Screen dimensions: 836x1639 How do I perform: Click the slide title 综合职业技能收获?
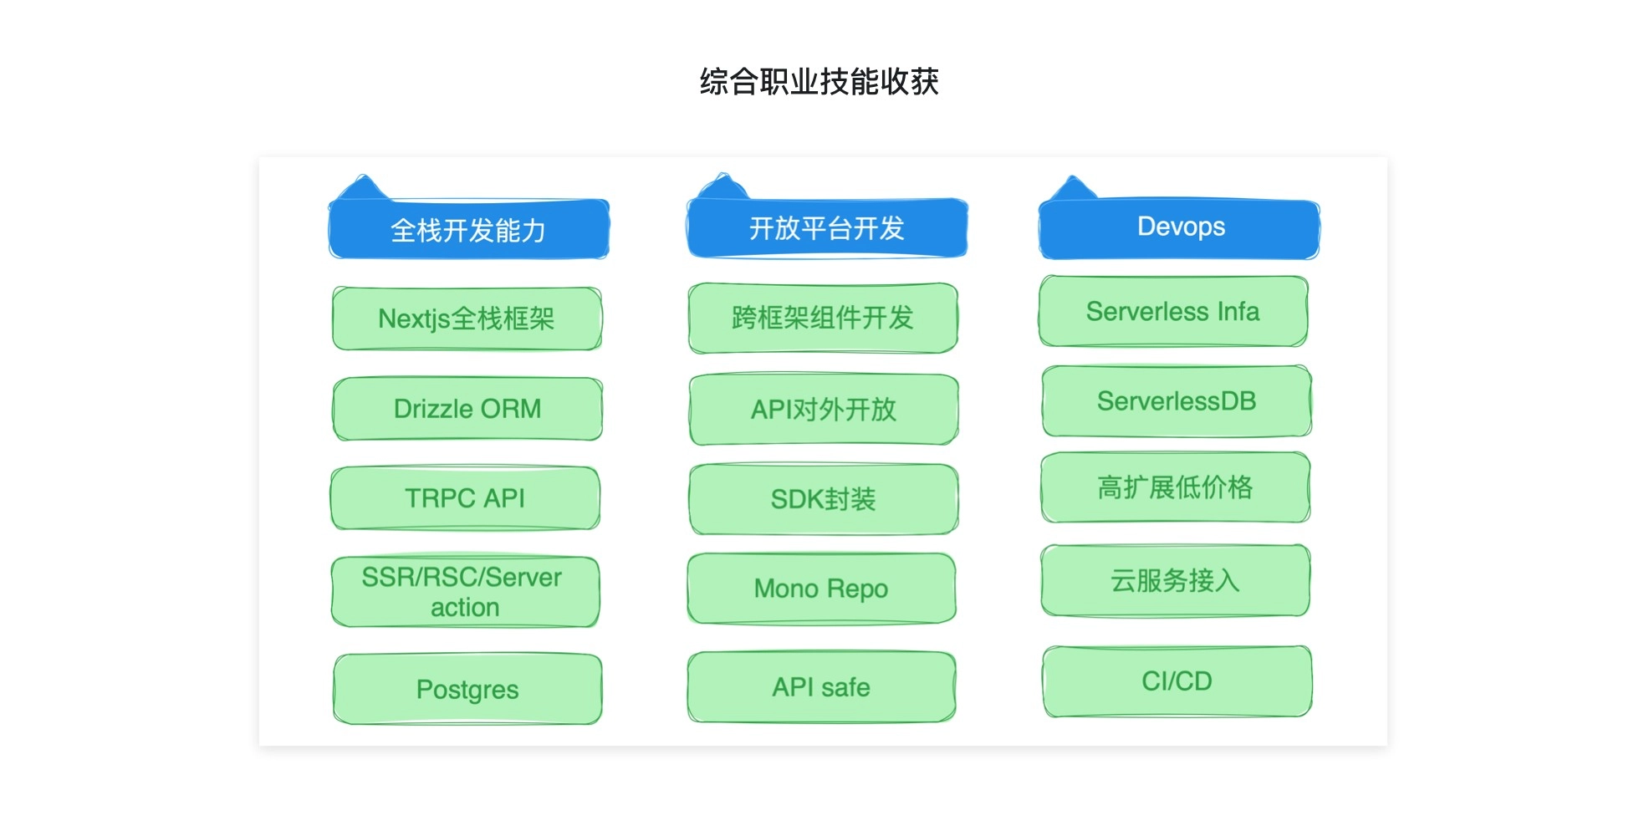pos(819,82)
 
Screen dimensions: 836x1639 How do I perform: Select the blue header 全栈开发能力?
pos(468,230)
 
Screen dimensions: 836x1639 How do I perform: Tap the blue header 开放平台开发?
pos(826,228)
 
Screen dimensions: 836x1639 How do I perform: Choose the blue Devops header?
pos(1179,227)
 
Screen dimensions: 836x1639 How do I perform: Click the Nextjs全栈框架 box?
pos(467,319)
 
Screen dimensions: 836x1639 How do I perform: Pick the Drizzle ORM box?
pos(467,409)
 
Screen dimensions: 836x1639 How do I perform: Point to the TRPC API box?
pos(465,498)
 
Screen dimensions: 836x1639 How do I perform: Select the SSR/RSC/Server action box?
pos(465,591)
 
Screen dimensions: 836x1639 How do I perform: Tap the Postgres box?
pos(467,689)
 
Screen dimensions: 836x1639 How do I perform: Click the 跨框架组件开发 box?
pos(823,318)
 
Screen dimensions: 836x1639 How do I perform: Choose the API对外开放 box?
pos(823,410)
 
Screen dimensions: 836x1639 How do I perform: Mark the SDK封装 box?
pos(823,499)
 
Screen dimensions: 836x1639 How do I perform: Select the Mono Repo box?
pos(821,589)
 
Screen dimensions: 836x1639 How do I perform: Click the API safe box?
pos(821,687)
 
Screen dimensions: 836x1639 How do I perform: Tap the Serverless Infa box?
pos(1172,311)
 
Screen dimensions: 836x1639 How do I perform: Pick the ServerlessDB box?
pos(1176,401)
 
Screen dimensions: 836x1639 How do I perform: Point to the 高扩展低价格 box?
pos(1175,487)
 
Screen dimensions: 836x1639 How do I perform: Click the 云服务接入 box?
pos(1175,580)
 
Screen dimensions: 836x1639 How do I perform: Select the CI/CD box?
pos(1177,681)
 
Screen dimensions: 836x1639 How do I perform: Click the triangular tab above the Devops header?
pos(1072,190)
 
